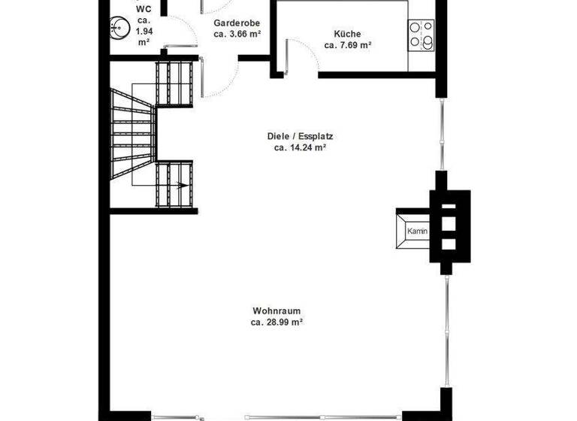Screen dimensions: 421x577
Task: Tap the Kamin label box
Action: pyautogui.click(x=417, y=232)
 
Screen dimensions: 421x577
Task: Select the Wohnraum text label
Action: pyautogui.click(x=276, y=310)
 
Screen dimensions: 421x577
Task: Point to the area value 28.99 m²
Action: pyautogui.click(x=276, y=322)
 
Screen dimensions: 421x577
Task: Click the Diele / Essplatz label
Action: pyautogui.click(x=300, y=137)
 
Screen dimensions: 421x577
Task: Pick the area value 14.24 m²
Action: pyautogui.click(x=300, y=148)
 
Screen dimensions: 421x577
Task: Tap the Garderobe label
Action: pyautogui.click(x=237, y=23)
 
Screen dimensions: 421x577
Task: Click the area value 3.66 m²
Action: pyautogui.click(x=237, y=34)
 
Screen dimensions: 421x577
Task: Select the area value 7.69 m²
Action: pyautogui.click(x=349, y=45)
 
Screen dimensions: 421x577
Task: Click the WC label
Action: pyautogui.click(x=143, y=9)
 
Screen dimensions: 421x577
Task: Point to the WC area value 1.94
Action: pyautogui.click(x=143, y=32)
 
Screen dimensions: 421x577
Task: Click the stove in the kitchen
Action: pyautogui.click(x=421, y=35)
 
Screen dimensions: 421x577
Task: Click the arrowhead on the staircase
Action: pyautogui.click(x=183, y=183)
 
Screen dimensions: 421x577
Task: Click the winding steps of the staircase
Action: pyautogui.click(x=132, y=135)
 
